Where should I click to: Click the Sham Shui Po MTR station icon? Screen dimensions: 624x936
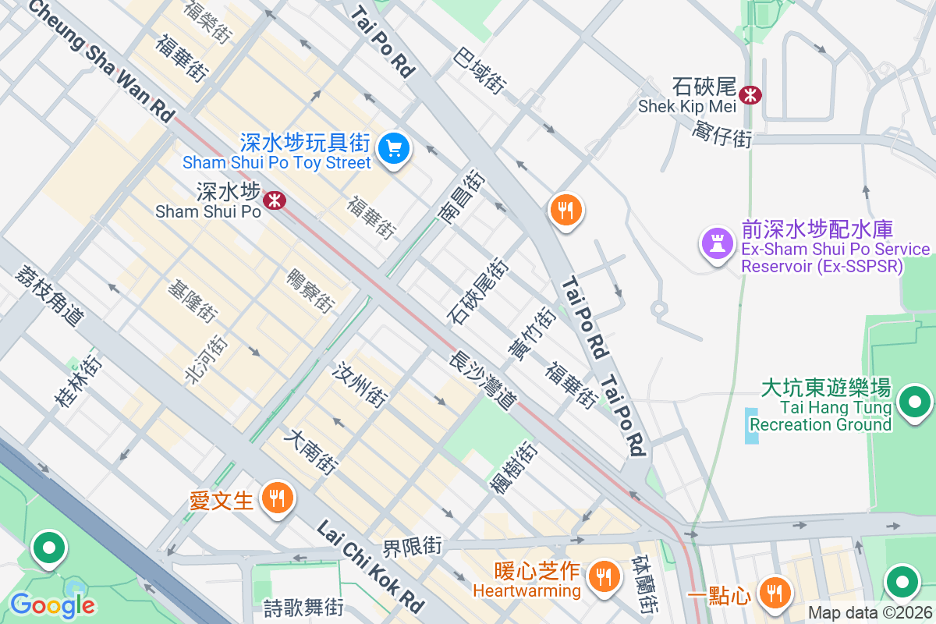[274, 200]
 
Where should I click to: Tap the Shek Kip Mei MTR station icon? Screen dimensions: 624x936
[751, 95]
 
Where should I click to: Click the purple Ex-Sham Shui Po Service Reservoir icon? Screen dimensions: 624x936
[718, 243]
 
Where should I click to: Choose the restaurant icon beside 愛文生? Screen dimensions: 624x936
[276, 497]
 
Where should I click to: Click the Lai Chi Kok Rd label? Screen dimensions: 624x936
[370, 567]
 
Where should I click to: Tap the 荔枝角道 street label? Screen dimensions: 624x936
[48, 296]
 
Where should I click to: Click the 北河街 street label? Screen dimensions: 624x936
[205, 360]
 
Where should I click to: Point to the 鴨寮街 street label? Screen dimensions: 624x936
[310, 289]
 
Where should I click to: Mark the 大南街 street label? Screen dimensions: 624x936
[313, 452]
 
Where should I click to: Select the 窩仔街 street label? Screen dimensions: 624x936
[722, 136]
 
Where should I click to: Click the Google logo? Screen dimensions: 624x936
[52, 604]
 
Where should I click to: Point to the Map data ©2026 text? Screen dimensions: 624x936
[869, 612]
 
